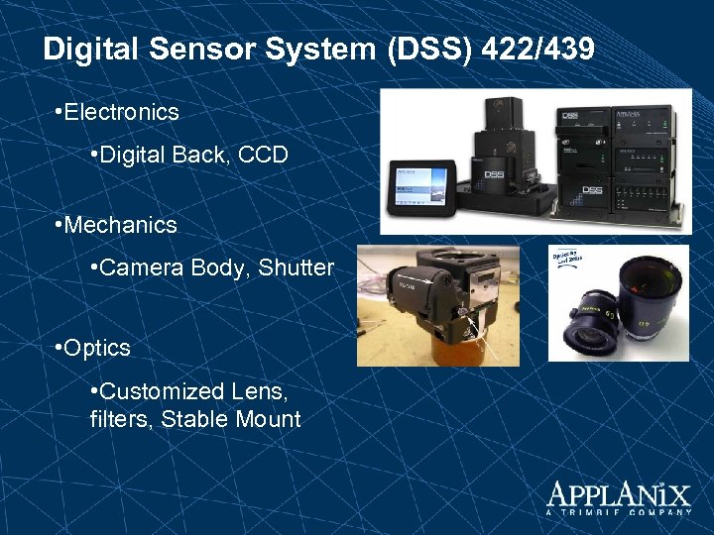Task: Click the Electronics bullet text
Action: coord(121,112)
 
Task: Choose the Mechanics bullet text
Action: coord(120,225)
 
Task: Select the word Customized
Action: coord(161,391)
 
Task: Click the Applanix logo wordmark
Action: coord(619,494)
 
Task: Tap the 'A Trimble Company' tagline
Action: coord(619,512)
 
